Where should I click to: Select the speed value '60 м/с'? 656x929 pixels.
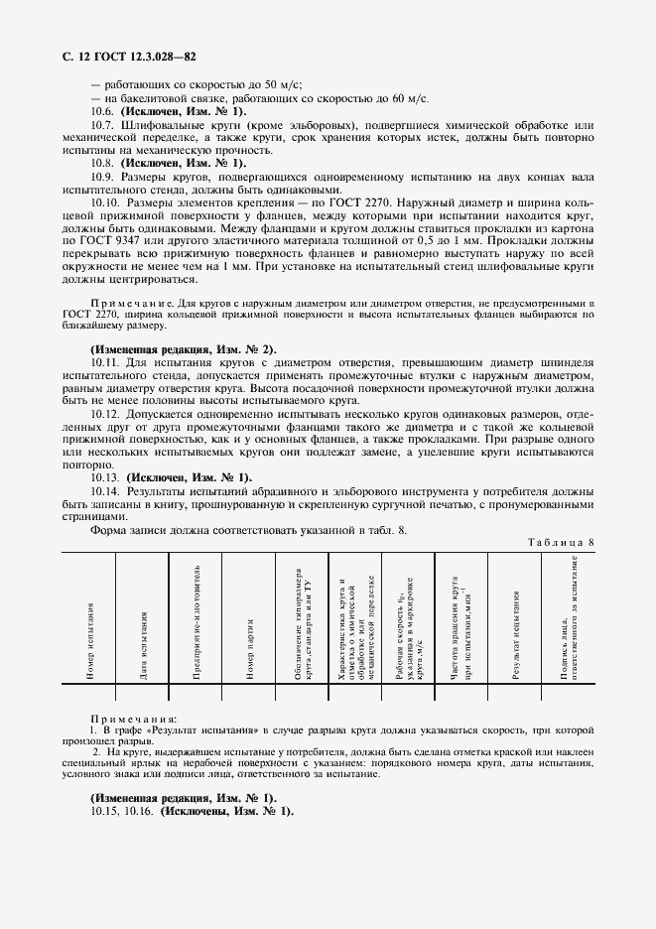408,99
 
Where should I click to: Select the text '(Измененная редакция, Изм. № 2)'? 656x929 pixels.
184,350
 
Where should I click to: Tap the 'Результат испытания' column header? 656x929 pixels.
516,635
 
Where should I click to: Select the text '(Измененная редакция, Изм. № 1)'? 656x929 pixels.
184,798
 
